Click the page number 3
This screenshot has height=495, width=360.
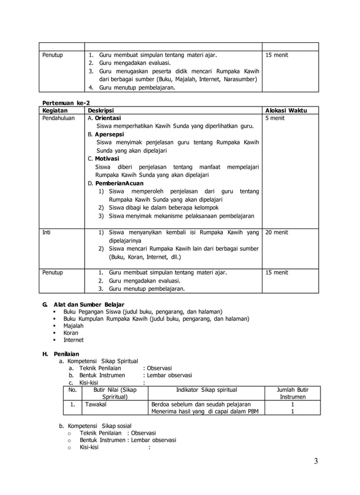(x=316, y=462)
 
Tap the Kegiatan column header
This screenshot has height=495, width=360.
(x=55, y=111)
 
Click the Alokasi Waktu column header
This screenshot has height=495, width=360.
(x=286, y=111)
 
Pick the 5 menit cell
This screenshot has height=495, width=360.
(x=275, y=119)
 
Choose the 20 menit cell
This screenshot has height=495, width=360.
(x=276, y=232)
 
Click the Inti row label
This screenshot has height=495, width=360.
(x=47, y=232)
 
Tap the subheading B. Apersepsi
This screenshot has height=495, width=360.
(x=106, y=135)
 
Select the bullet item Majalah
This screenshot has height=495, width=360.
(x=73, y=326)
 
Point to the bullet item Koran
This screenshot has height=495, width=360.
(x=71, y=333)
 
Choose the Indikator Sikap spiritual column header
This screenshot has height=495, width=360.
(x=207, y=390)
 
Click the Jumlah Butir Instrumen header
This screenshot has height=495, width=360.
(x=292, y=393)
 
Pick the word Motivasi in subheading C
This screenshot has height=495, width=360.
(x=107, y=159)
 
